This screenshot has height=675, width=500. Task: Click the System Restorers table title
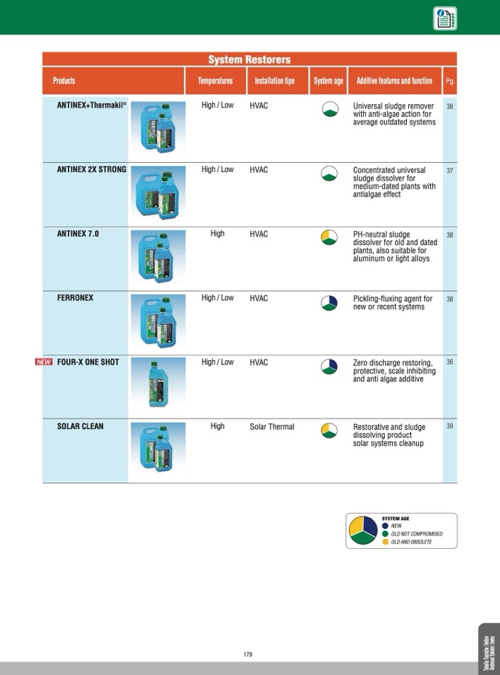pos(249,60)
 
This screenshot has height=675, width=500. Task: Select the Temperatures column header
pos(215,81)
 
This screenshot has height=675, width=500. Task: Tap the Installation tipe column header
pos(275,81)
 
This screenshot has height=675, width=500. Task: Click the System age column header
pos(328,81)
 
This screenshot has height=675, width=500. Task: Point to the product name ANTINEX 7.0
pos(78,234)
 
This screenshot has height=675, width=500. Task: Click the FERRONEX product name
pos(75,298)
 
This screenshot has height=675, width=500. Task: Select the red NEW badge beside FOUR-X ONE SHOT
pos(44,362)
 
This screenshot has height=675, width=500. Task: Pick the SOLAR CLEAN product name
pos(80,426)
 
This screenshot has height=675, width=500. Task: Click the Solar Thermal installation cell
pos(272,426)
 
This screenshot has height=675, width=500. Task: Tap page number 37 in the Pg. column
pos(450,171)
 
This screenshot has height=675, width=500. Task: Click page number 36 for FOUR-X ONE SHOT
pos(450,362)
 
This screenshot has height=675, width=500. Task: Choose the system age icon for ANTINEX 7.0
pos(329,238)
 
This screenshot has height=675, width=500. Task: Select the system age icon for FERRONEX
pos(329,302)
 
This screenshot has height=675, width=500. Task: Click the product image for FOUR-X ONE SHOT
pos(157,383)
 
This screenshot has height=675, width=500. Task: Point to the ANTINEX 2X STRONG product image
pos(157,192)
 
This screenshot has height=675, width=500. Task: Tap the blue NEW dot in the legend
pos(385,526)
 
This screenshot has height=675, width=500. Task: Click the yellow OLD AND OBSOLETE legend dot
pos(385,542)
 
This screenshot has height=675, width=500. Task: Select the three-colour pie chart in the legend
pos(363,531)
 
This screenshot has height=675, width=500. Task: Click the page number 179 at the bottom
pos(248,655)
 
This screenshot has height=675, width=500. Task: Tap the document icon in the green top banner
pos(444,18)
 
